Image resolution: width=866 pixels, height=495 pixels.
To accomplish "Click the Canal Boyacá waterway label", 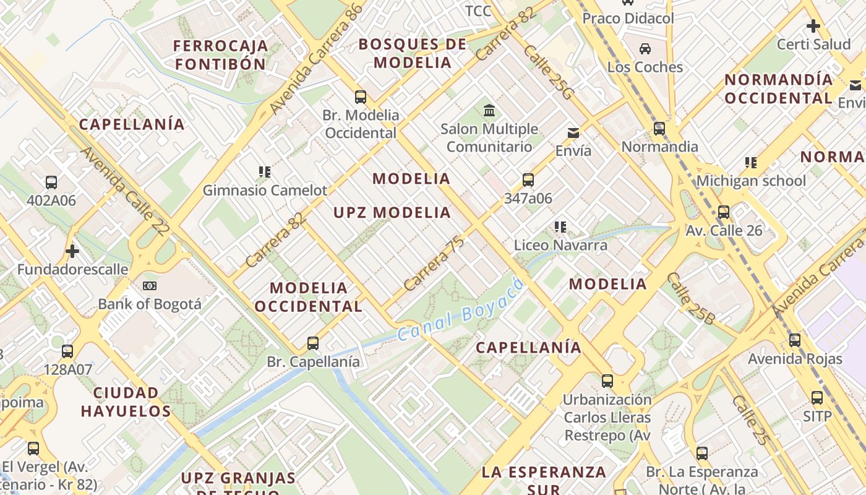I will (x=461, y=309).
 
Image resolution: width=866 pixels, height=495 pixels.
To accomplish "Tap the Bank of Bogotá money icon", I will (x=150, y=286).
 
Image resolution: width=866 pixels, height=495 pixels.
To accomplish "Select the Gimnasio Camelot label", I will (x=265, y=191).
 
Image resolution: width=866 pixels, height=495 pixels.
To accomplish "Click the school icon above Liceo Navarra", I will (x=560, y=227).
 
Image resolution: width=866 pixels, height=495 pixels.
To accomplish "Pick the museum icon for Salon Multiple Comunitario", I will (x=490, y=111).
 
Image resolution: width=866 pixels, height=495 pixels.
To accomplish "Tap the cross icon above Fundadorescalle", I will (x=72, y=251).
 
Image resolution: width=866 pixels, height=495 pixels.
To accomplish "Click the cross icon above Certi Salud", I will (x=813, y=26).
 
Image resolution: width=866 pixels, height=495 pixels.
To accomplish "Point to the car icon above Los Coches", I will (x=645, y=48).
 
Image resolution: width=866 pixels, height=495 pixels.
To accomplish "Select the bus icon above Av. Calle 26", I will (x=724, y=212).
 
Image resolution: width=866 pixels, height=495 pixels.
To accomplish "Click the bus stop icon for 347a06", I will (x=528, y=180).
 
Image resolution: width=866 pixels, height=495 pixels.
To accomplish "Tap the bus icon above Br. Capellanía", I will (x=313, y=343).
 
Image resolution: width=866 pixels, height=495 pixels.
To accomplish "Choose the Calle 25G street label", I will (x=549, y=72).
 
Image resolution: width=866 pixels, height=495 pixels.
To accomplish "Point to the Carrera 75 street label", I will (x=434, y=265).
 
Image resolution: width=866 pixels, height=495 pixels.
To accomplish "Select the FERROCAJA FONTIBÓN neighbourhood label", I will (x=221, y=54).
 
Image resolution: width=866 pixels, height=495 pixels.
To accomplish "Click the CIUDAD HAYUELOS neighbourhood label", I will (x=126, y=402).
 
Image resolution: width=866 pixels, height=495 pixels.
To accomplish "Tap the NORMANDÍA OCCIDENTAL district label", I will (x=779, y=88).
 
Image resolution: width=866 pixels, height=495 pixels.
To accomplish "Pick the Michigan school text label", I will (x=751, y=181).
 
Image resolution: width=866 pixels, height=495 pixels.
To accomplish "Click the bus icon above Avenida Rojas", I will (x=795, y=340).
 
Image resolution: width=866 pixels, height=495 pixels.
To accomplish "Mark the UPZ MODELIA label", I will (x=392, y=213).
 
